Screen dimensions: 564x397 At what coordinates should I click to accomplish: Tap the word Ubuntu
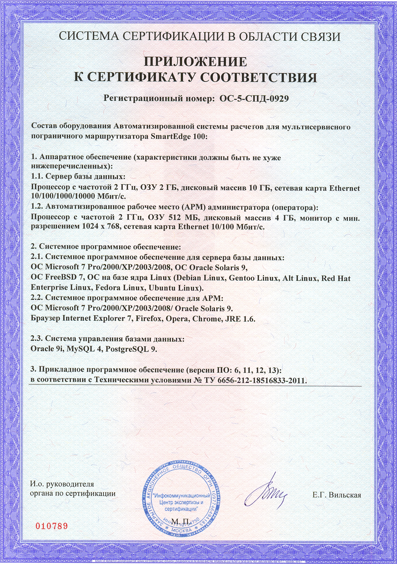tap(162, 288)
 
